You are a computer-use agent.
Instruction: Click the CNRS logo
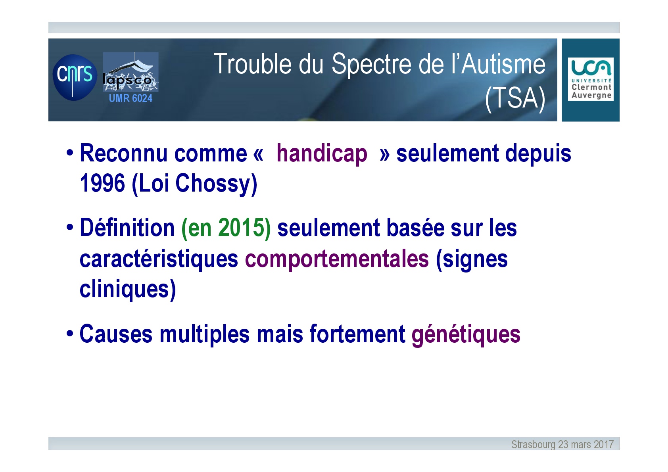click(75, 77)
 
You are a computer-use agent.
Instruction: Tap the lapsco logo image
click(131, 72)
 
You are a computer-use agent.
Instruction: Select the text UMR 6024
click(131, 98)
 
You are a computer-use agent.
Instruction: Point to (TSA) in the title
click(515, 98)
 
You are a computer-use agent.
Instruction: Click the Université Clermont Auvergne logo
click(591, 79)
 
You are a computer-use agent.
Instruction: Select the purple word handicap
click(322, 154)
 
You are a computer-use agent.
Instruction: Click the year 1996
click(102, 183)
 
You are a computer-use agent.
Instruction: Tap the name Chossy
click(216, 184)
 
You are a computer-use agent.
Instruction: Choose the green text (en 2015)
click(226, 228)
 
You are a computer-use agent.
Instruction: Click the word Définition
click(127, 228)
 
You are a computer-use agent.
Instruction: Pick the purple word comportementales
click(337, 259)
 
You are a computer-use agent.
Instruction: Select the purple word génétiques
click(466, 335)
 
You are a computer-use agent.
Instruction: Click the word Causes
click(116, 334)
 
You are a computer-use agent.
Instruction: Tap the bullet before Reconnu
click(70, 153)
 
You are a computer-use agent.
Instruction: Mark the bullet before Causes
click(70, 333)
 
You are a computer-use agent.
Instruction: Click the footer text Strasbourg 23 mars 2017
click(562, 445)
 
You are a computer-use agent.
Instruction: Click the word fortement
click(357, 334)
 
